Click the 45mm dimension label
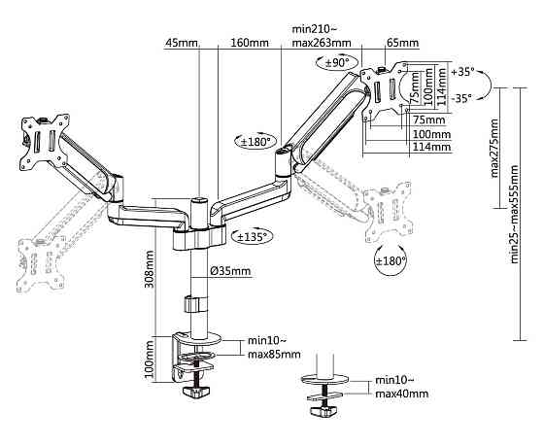click(x=181, y=43)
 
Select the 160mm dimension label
click(x=250, y=43)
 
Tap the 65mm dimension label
click(x=402, y=43)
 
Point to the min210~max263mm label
click(x=322, y=36)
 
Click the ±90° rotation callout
click(x=333, y=63)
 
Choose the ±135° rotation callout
click(x=253, y=237)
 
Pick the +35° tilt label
click(x=462, y=72)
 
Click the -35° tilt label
click(x=461, y=98)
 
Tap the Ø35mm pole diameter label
click(x=230, y=271)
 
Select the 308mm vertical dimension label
click(x=150, y=269)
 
